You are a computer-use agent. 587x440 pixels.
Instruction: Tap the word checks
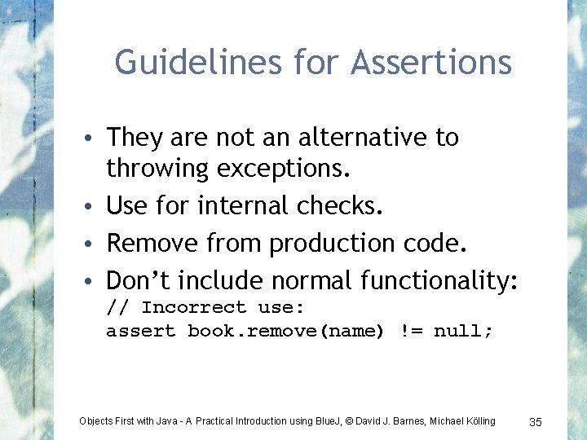(x=340, y=206)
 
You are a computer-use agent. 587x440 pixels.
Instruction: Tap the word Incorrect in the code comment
(x=193, y=307)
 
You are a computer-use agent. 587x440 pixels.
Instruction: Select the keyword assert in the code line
(x=140, y=332)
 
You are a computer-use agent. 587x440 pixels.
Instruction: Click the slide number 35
(x=536, y=421)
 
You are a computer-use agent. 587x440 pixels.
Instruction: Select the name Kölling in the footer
(x=478, y=420)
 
